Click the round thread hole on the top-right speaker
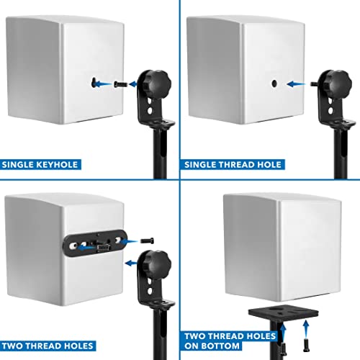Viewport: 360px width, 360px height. [274, 84]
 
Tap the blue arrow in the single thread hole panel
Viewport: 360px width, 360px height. [297, 84]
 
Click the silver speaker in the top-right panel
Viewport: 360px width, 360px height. [252, 72]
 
